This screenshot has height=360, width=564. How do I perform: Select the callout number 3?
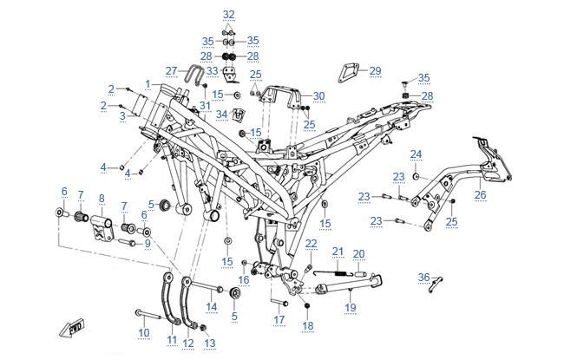click(123, 115)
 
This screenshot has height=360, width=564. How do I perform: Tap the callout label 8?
click(102, 199)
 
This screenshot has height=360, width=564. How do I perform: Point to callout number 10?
click(144, 332)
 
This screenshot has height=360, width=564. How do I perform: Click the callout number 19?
click(351, 307)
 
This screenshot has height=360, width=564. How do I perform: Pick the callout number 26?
click(480, 195)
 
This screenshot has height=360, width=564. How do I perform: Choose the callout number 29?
click(375, 71)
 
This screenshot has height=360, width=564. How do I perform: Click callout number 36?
click(423, 277)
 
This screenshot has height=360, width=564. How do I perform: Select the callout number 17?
click(279, 320)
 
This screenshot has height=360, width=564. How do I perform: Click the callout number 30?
click(319, 95)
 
